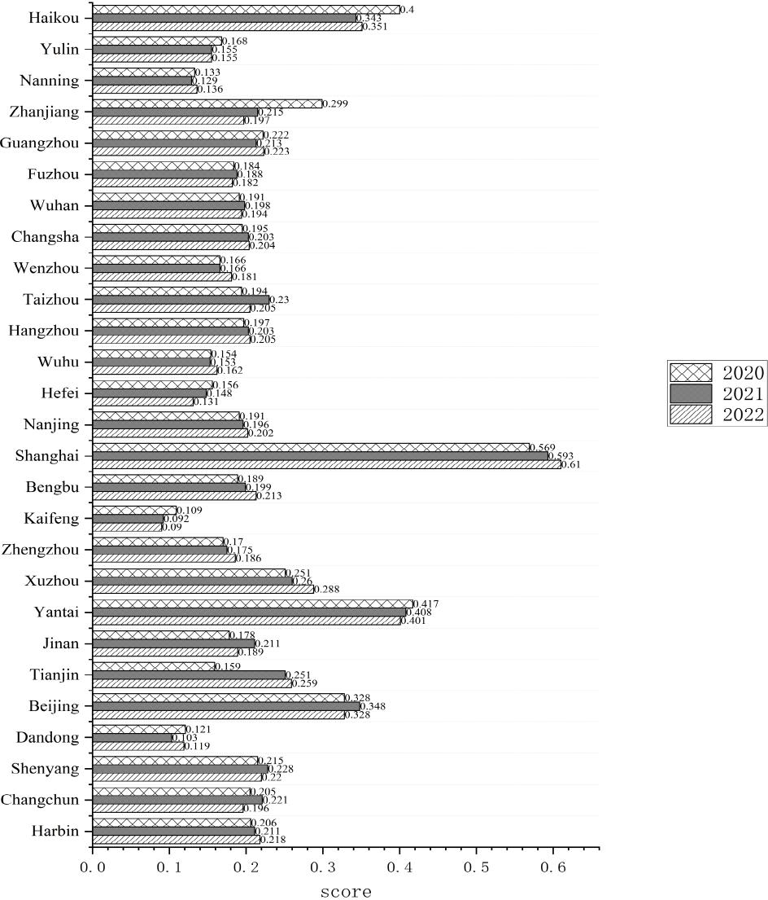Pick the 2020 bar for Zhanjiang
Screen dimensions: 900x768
pos(207,103)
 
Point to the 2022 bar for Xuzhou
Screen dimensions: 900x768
pos(203,589)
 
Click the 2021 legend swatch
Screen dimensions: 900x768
pos(691,394)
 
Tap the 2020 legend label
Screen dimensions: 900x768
pos(743,374)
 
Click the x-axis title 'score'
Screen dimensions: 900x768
pos(346,892)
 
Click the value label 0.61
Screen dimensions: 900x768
pos(570,464)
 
